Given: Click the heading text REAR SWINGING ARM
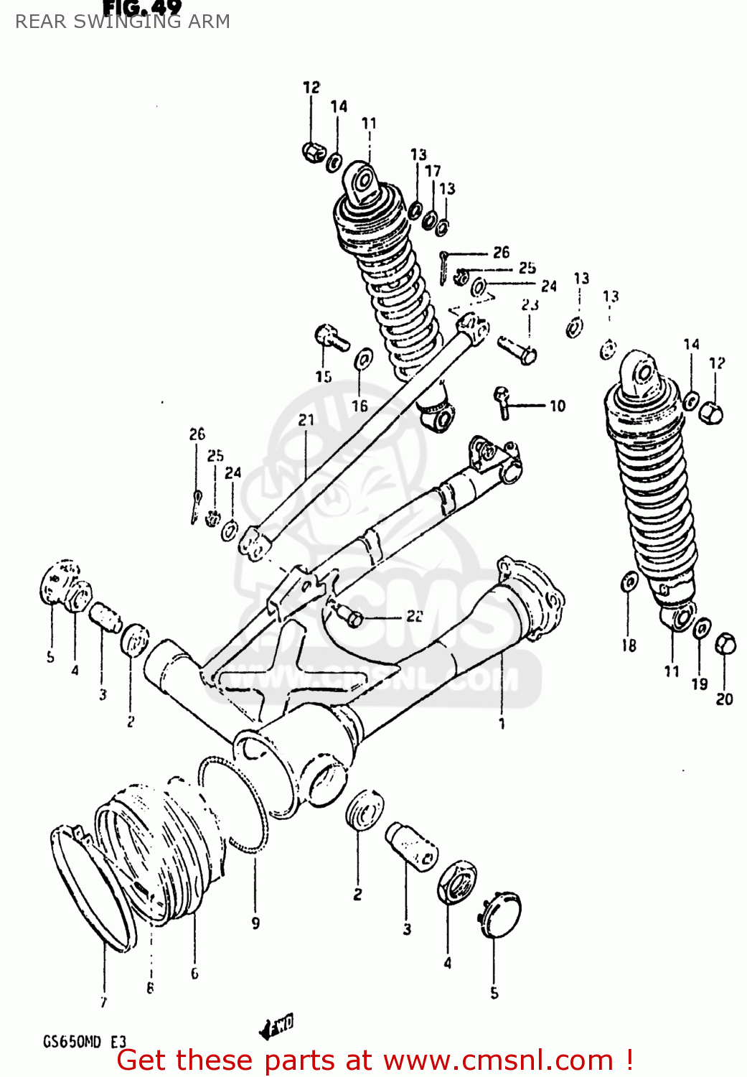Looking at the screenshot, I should click(123, 22).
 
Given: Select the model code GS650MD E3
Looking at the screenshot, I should click(85, 1042).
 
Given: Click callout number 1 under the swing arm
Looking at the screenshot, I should click(502, 723).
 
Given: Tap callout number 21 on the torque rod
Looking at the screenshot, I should click(306, 420).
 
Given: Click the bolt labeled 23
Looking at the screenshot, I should click(518, 349).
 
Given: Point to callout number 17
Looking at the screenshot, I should click(433, 171).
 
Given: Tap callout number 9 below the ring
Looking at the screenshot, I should click(255, 923).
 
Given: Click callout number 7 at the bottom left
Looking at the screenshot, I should click(104, 1002).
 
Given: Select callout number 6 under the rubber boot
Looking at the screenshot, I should click(194, 973).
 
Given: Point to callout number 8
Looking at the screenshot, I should click(150, 988).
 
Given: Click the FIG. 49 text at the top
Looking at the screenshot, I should click(142, 7).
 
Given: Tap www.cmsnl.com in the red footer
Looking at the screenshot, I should click(498, 1060).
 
